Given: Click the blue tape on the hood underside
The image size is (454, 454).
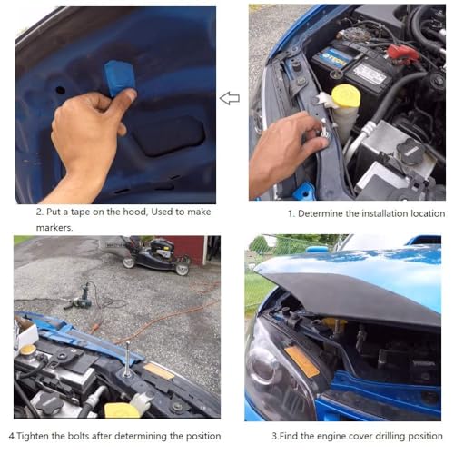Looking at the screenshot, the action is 119,77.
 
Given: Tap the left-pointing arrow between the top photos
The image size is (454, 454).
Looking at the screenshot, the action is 230,98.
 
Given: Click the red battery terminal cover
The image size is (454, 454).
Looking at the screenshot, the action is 403,54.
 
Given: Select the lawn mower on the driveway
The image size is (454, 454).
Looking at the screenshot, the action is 156,256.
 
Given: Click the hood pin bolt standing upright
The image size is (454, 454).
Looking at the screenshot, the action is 127,360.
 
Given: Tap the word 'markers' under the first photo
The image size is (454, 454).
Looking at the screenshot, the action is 54,228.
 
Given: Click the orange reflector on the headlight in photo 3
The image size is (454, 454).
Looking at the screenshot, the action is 301,361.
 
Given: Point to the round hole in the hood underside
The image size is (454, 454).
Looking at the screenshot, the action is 60,90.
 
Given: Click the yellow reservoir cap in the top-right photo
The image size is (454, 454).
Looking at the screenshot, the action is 346,96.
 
